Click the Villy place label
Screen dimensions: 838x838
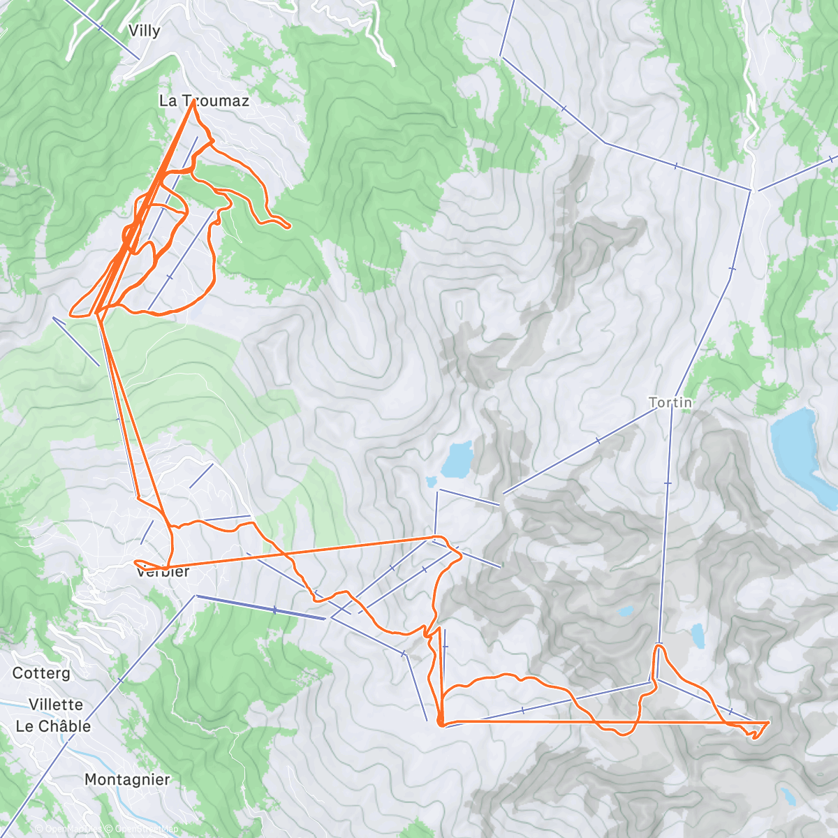point(145,31)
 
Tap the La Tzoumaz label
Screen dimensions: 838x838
point(204,101)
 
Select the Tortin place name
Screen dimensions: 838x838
point(670,402)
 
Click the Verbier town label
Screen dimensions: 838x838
point(163,571)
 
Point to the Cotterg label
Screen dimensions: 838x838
point(42,673)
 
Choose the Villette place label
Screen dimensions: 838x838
point(56,705)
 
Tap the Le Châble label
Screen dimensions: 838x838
point(53,726)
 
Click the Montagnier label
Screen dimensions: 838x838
point(127,779)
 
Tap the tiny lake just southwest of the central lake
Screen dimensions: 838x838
point(432,481)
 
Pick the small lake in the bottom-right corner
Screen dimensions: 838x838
point(788,796)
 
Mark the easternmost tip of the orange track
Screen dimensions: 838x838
point(768,722)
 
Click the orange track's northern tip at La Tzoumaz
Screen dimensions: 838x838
point(193,102)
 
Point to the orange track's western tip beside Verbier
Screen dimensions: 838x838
point(135,562)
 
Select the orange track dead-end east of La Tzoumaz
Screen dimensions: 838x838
point(289,226)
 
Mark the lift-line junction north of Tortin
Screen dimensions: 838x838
point(751,189)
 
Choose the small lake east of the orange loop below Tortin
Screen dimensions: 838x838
point(698,635)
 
